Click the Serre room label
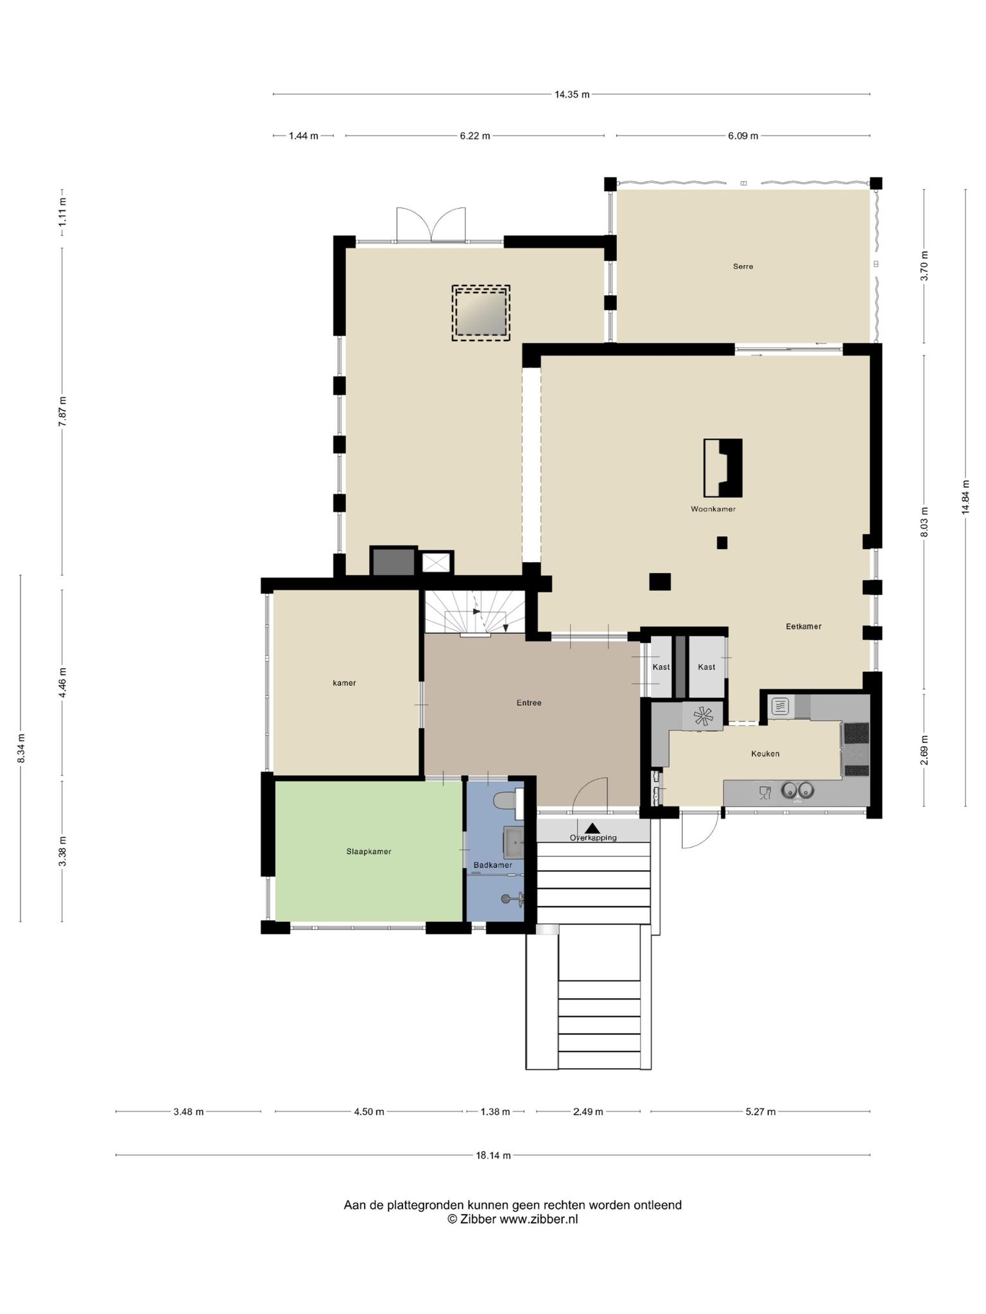tap(743, 266)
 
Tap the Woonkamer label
tap(713, 509)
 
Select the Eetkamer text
tap(804, 626)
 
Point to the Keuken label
tap(765, 753)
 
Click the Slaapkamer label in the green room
tap(368, 851)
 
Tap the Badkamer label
tap(493, 865)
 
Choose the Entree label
tap(529, 703)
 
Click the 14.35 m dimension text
tap(572, 94)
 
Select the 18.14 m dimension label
tap(493, 1156)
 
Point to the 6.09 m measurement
tap(743, 136)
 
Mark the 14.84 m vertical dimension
tap(965, 497)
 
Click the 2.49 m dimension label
tap(588, 1112)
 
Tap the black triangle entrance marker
tap(592, 828)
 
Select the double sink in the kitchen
tap(798, 791)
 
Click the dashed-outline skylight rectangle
tap(481, 312)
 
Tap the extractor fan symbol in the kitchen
tap(702, 717)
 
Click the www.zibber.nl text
tap(539, 1219)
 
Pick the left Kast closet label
tap(661, 667)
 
